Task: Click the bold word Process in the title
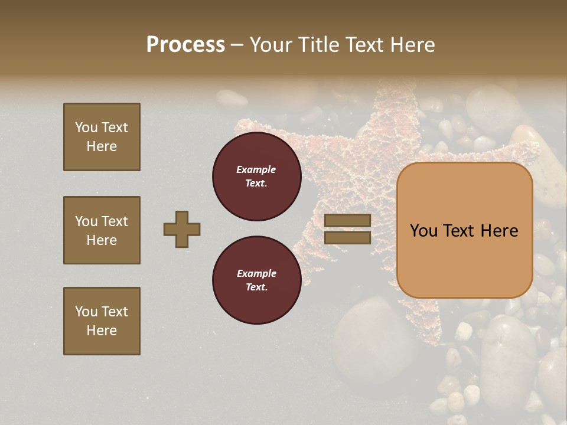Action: (185, 45)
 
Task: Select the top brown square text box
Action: (102, 137)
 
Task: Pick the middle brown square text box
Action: (102, 230)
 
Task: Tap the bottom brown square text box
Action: (102, 321)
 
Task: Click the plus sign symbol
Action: (182, 229)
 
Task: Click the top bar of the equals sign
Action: (347, 220)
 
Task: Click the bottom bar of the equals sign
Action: (347, 238)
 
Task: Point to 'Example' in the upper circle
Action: (256, 169)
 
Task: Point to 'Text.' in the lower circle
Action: (256, 287)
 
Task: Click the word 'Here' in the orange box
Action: (499, 231)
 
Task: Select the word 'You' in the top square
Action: (86, 127)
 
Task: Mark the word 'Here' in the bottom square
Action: (102, 331)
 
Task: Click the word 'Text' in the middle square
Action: (115, 221)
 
